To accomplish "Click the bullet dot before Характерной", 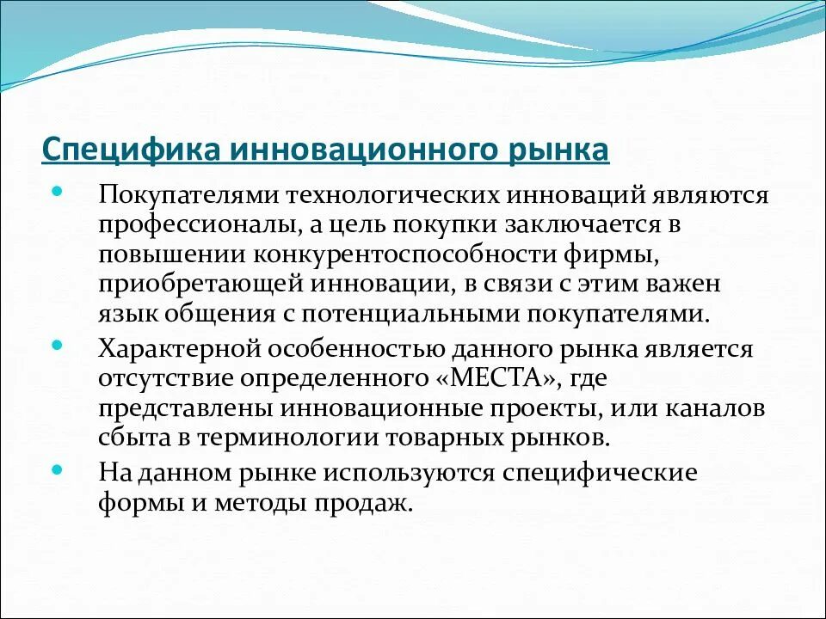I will [57, 344].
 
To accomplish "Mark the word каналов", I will [716, 408].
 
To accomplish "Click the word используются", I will [404, 473].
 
